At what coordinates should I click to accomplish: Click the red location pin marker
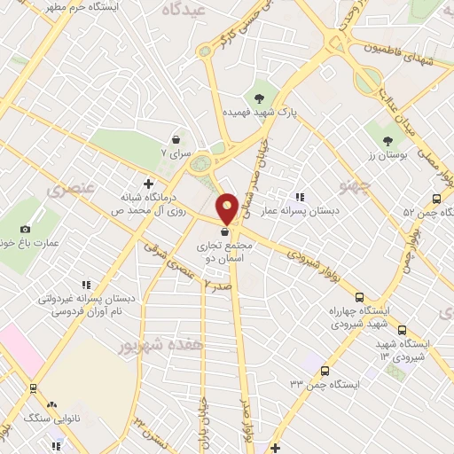click(x=227, y=207)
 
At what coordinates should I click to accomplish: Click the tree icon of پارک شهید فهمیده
click(x=259, y=98)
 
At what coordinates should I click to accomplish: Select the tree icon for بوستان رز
click(x=387, y=140)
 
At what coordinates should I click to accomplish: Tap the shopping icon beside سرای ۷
click(x=176, y=139)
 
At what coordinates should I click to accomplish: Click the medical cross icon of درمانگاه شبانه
click(x=160, y=184)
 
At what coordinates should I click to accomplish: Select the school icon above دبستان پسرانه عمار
click(x=300, y=196)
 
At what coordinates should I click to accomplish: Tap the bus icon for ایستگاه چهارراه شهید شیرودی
click(x=360, y=298)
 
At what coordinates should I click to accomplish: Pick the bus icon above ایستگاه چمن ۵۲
click(x=436, y=199)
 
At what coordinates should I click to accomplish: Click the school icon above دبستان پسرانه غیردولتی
click(x=86, y=285)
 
